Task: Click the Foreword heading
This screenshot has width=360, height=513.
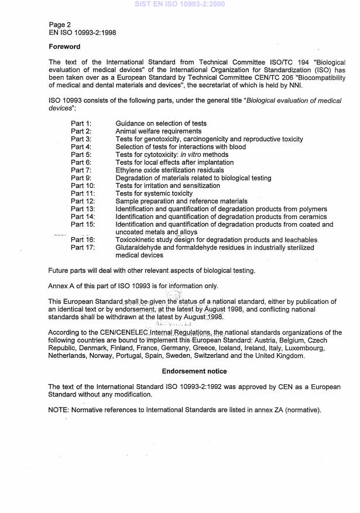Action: (64, 47)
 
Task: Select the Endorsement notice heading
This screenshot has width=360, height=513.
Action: (194, 371)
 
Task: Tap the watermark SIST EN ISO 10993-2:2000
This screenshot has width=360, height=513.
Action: (179, 4)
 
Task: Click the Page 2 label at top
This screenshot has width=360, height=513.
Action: (60, 25)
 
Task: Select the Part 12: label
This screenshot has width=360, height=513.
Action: (83, 201)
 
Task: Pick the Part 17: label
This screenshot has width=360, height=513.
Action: (83, 248)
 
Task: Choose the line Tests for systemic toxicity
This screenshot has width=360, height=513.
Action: (154, 193)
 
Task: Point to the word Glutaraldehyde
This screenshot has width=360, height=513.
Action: (140, 248)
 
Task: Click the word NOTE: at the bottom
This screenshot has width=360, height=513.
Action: (59, 410)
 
